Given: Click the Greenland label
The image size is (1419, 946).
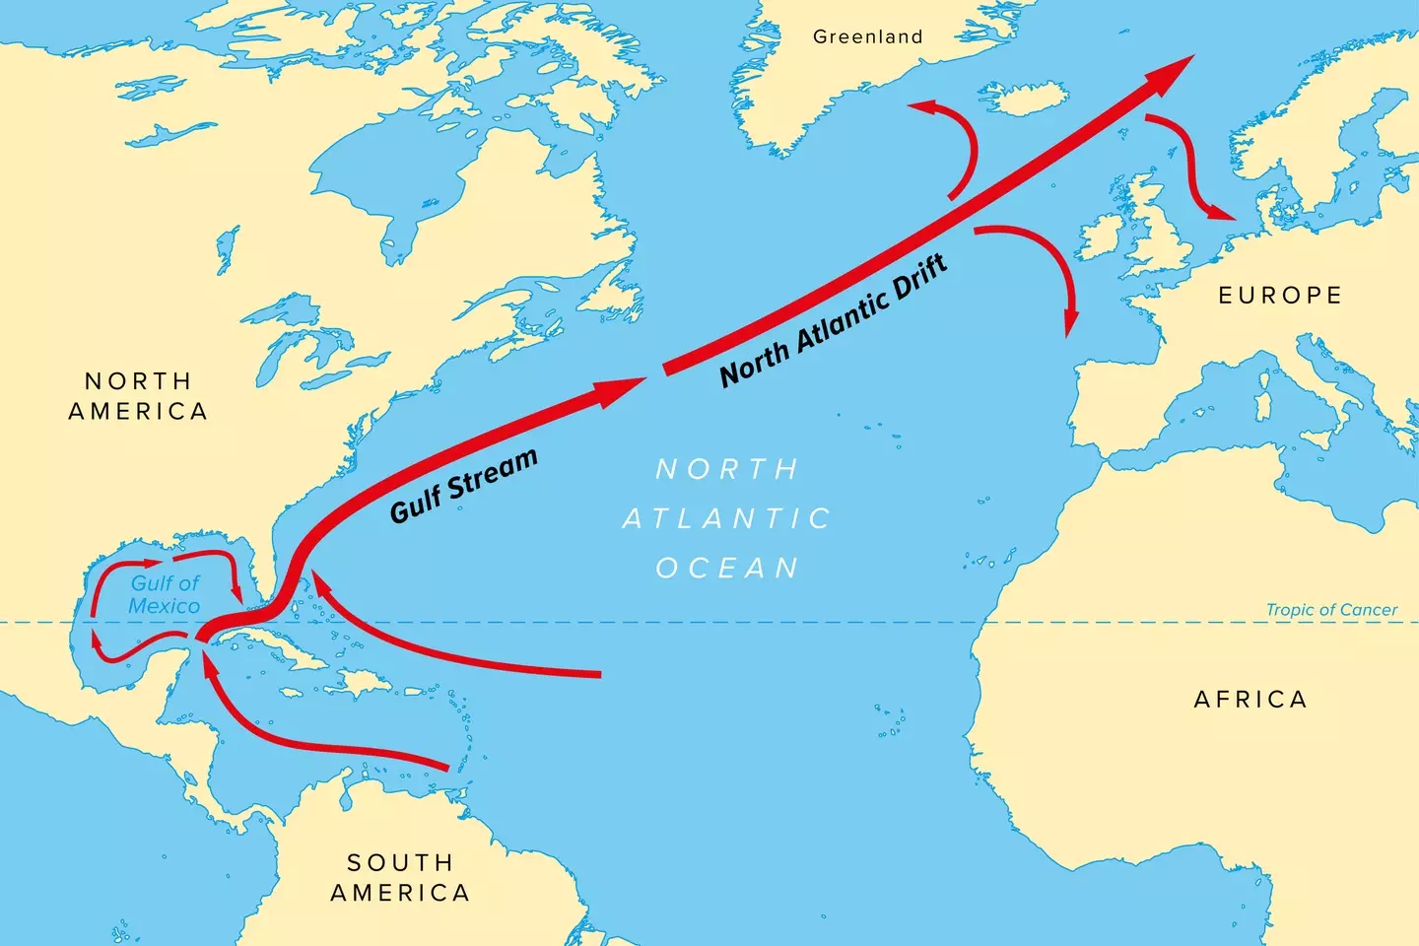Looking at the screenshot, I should [x=867, y=37].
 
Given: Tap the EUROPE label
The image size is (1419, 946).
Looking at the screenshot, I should [x=1280, y=296].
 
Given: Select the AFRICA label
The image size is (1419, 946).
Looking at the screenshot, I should [x=1250, y=700].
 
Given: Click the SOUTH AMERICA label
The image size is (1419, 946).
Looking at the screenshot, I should [x=400, y=878].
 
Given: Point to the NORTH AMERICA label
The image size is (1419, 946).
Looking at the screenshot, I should [x=138, y=396].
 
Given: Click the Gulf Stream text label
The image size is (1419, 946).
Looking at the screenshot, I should [x=463, y=485].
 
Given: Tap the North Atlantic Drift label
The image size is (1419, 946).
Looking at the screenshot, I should [x=834, y=319].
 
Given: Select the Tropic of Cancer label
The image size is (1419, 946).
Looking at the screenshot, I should [x=1331, y=610].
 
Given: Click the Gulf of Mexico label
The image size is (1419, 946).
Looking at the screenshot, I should [x=165, y=595].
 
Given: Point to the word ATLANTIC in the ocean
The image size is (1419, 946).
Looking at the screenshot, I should [x=727, y=518].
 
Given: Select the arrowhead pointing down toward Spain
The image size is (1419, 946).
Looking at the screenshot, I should [x=1070, y=325].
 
